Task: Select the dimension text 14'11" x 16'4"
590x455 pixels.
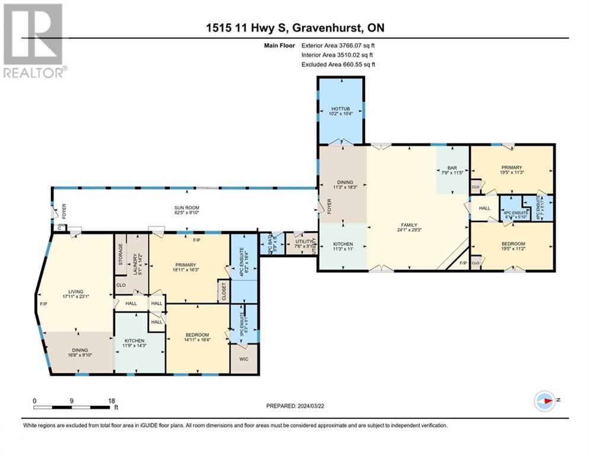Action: (197, 341)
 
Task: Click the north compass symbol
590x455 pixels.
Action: (545, 400)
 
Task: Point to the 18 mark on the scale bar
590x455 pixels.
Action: (111, 400)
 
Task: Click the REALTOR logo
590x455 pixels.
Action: (34, 41)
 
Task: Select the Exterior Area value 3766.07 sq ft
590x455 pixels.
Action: (356, 44)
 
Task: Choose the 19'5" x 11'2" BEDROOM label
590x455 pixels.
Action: (511, 244)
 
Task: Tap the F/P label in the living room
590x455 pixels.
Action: (43, 304)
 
